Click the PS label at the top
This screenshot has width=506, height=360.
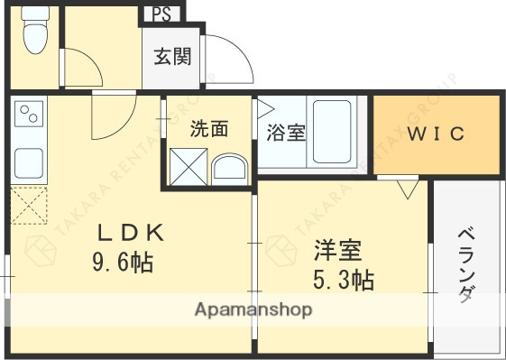pyautogui.click(x=161, y=14)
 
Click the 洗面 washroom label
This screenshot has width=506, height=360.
pyautogui.click(x=208, y=129)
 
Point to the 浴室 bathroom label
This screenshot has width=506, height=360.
pyautogui.click(x=285, y=133)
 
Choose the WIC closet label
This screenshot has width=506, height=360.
pyautogui.click(x=435, y=134)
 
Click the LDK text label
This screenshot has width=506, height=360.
pyautogui.click(x=130, y=234)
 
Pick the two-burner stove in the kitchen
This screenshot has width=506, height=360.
pyautogui.click(x=28, y=115)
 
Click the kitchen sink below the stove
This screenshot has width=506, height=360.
pyautogui.click(x=27, y=161)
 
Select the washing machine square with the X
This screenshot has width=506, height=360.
pyautogui.click(x=189, y=167)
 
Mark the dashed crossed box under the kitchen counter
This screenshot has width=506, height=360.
pyautogui.click(x=28, y=204)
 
